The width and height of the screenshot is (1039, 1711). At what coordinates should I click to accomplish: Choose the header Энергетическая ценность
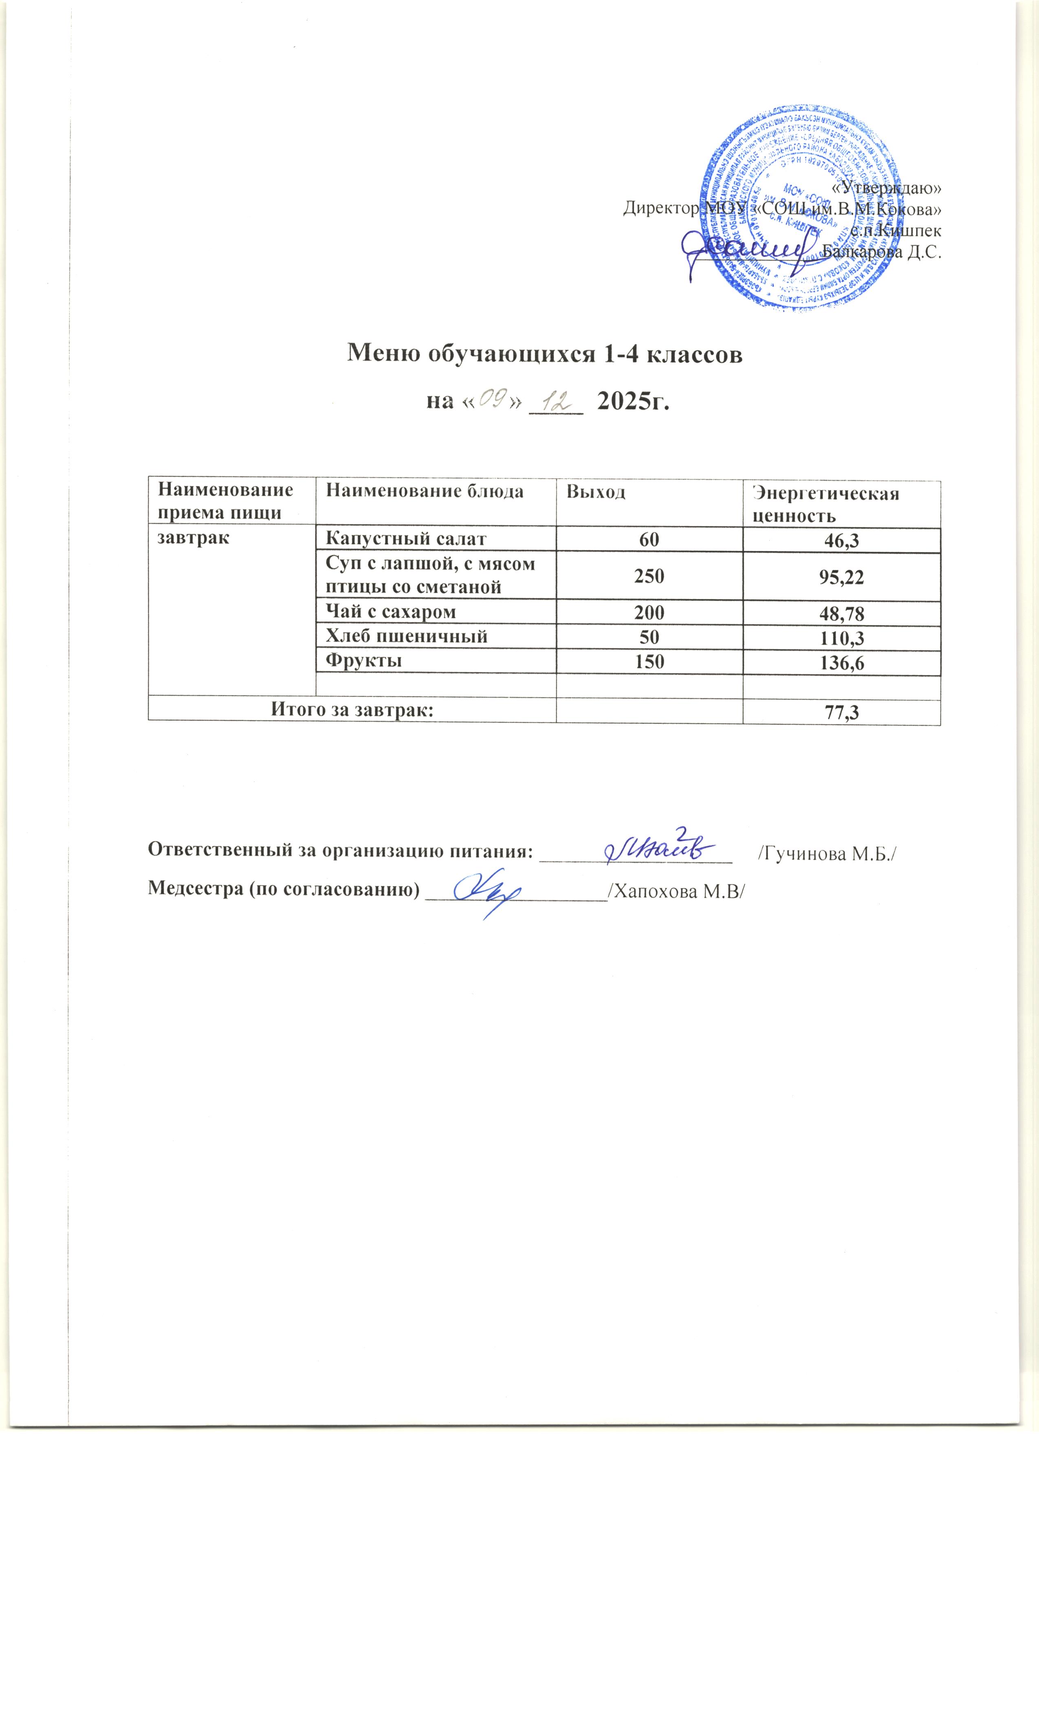(x=826, y=504)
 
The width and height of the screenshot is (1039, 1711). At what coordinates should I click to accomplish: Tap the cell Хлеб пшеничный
(x=406, y=636)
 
